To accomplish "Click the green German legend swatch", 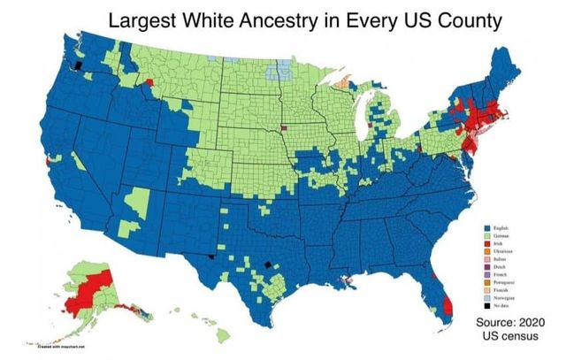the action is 487,236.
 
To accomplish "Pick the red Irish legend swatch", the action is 487,243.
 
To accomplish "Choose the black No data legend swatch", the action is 487,303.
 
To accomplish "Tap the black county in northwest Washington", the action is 78,65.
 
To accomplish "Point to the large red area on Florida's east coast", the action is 444,306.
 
